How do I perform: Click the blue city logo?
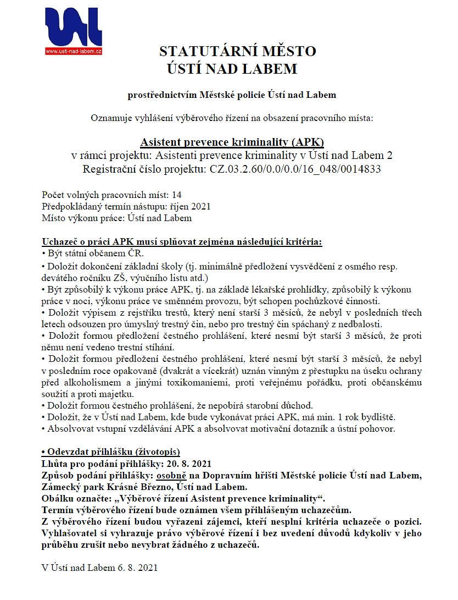click(74, 27)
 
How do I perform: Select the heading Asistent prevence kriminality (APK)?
click(232, 141)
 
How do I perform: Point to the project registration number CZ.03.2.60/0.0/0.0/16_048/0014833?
click(295, 168)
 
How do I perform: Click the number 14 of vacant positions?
click(177, 195)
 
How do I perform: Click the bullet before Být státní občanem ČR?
click(43, 254)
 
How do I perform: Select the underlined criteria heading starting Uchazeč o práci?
click(182, 242)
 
